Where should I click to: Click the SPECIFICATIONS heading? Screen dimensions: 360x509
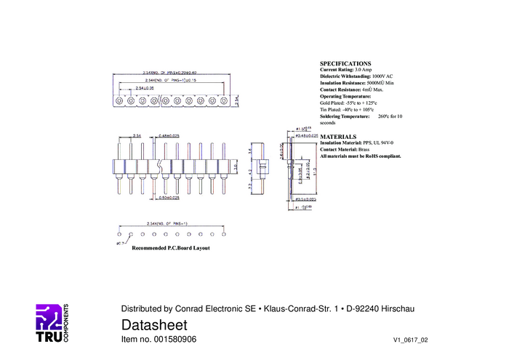(x=345, y=64)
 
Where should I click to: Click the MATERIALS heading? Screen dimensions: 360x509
(x=338, y=137)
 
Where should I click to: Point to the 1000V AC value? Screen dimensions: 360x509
(x=382, y=76)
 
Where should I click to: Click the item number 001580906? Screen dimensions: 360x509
(x=174, y=340)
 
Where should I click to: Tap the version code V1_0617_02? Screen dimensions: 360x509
(x=411, y=340)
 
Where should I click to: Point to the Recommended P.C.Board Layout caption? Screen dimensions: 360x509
(x=170, y=248)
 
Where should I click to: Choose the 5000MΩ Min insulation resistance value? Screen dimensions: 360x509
(x=381, y=83)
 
